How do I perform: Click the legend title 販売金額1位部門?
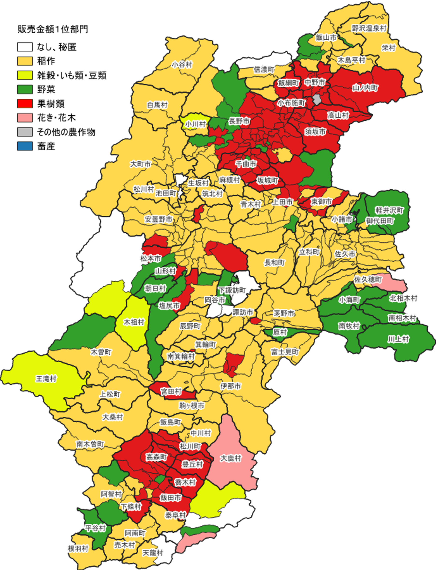pyautogui.click(x=53, y=29)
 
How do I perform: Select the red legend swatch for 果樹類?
pyautogui.click(x=25, y=104)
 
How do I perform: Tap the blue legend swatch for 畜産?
pyautogui.click(x=25, y=146)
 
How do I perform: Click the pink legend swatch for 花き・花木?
pyautogui.click(x=25, y=118)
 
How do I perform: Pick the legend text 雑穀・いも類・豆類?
pyautogui.click(x=72, y=76)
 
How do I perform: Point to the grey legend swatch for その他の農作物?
pyautogui.click(x=25, y=132)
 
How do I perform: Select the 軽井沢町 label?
pyautogui.click(x=389, y=210)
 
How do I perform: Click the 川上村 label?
pyautogui.click(x=398, y=339)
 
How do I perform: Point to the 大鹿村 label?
pyautogui.click(x=231, y=458)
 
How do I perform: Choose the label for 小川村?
pyautogui.click(x=195, y=124)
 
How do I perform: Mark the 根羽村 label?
pyautogui.click(x=78, y=548)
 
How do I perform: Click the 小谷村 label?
pyautogui.click(x=182, y=64)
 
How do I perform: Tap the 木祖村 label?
pyautogui.click(x=134, y=322)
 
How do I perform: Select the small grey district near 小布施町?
pyautogui.click(x=317, y=100)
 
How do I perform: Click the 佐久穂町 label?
pyautogui.click(x=367, y=279)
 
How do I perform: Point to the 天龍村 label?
pyautogui.click(x=153, y=553)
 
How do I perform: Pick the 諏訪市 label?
pyautogui.click(x=242, y=312)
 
